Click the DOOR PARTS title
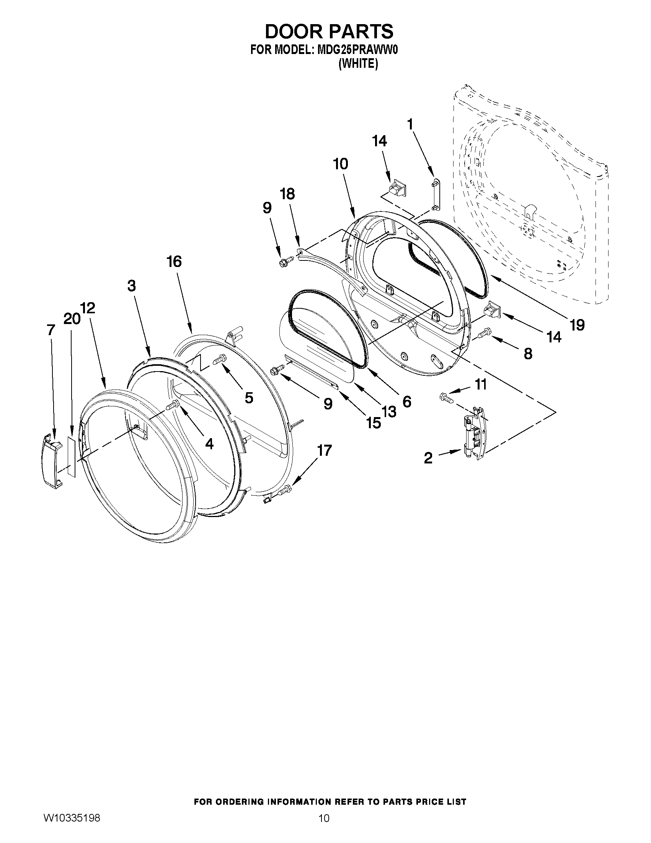pos(329,31)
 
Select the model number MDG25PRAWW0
pos(356,51)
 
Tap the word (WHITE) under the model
pos(358,64)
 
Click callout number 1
pos(410,124)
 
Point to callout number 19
pos(577,325)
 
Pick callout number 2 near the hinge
pos(428,458)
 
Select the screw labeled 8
pos(483,332)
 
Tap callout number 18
pos(287,194)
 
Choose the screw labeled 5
pos(220,360)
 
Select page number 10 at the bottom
pos(324,827)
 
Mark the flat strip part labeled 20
pos(72,456)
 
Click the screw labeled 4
pos(173,405)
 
